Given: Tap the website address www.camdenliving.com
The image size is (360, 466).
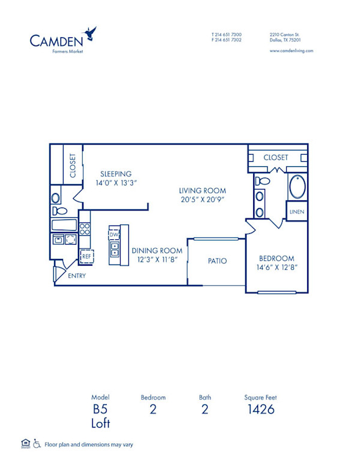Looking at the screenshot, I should pos(291,51).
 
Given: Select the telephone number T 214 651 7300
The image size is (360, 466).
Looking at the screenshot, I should pos(226,35).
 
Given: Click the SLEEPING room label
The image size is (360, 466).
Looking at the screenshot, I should pos(116,174).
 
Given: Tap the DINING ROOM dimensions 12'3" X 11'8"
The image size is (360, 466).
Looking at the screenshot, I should pos(157,260).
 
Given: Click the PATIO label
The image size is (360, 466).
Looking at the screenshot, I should pos(217,261).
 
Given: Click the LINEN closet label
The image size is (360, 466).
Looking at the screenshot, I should pos(296,212).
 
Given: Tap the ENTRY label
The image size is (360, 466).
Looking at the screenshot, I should pos(77,276).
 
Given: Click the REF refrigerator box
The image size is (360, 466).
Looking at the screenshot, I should pos(86,256).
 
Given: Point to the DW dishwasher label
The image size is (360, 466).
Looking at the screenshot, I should pos(114,234).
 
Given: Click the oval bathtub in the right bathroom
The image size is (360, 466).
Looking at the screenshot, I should pos(298,187).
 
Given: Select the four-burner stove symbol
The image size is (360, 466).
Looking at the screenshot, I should pos(85,228).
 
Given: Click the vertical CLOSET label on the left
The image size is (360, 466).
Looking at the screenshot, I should pos(73,166).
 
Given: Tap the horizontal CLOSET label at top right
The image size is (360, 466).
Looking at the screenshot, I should pos(276,157).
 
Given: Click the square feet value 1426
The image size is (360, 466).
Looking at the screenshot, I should pos(260,410).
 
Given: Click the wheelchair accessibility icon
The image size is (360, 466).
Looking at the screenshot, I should pos(37,444).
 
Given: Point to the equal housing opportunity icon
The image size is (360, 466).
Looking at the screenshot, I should pos(25,444).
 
